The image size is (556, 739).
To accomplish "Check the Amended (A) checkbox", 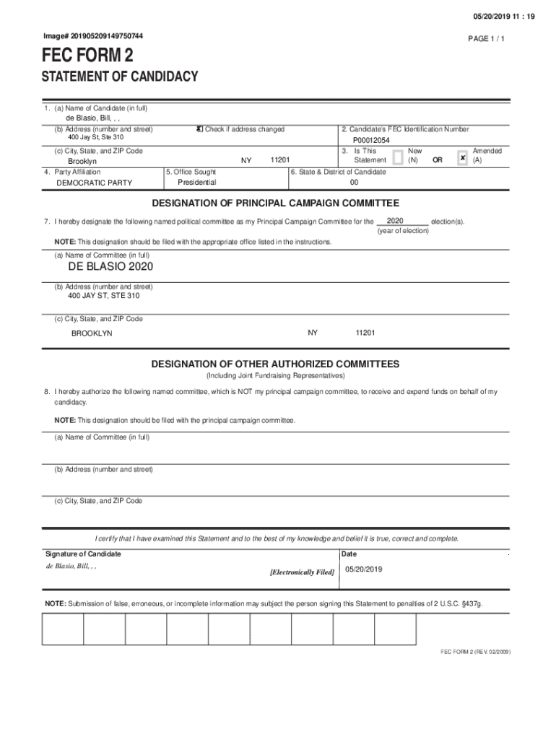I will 462,157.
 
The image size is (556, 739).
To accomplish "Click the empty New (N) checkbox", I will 397,157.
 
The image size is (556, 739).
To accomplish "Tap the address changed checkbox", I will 200,129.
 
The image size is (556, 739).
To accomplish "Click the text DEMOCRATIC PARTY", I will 95,183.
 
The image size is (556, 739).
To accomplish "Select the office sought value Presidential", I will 196,182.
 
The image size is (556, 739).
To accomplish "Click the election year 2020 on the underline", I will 395,220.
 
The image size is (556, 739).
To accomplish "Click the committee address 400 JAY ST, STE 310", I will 104,296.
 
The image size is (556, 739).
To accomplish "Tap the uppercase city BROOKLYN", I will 92,333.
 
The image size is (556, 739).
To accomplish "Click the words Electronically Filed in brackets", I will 302,572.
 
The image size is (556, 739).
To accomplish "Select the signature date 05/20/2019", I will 363,569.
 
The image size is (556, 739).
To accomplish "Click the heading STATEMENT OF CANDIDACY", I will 120,77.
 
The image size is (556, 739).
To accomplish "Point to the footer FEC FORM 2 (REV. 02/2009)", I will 476,651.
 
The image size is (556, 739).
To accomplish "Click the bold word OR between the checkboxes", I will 437,160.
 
